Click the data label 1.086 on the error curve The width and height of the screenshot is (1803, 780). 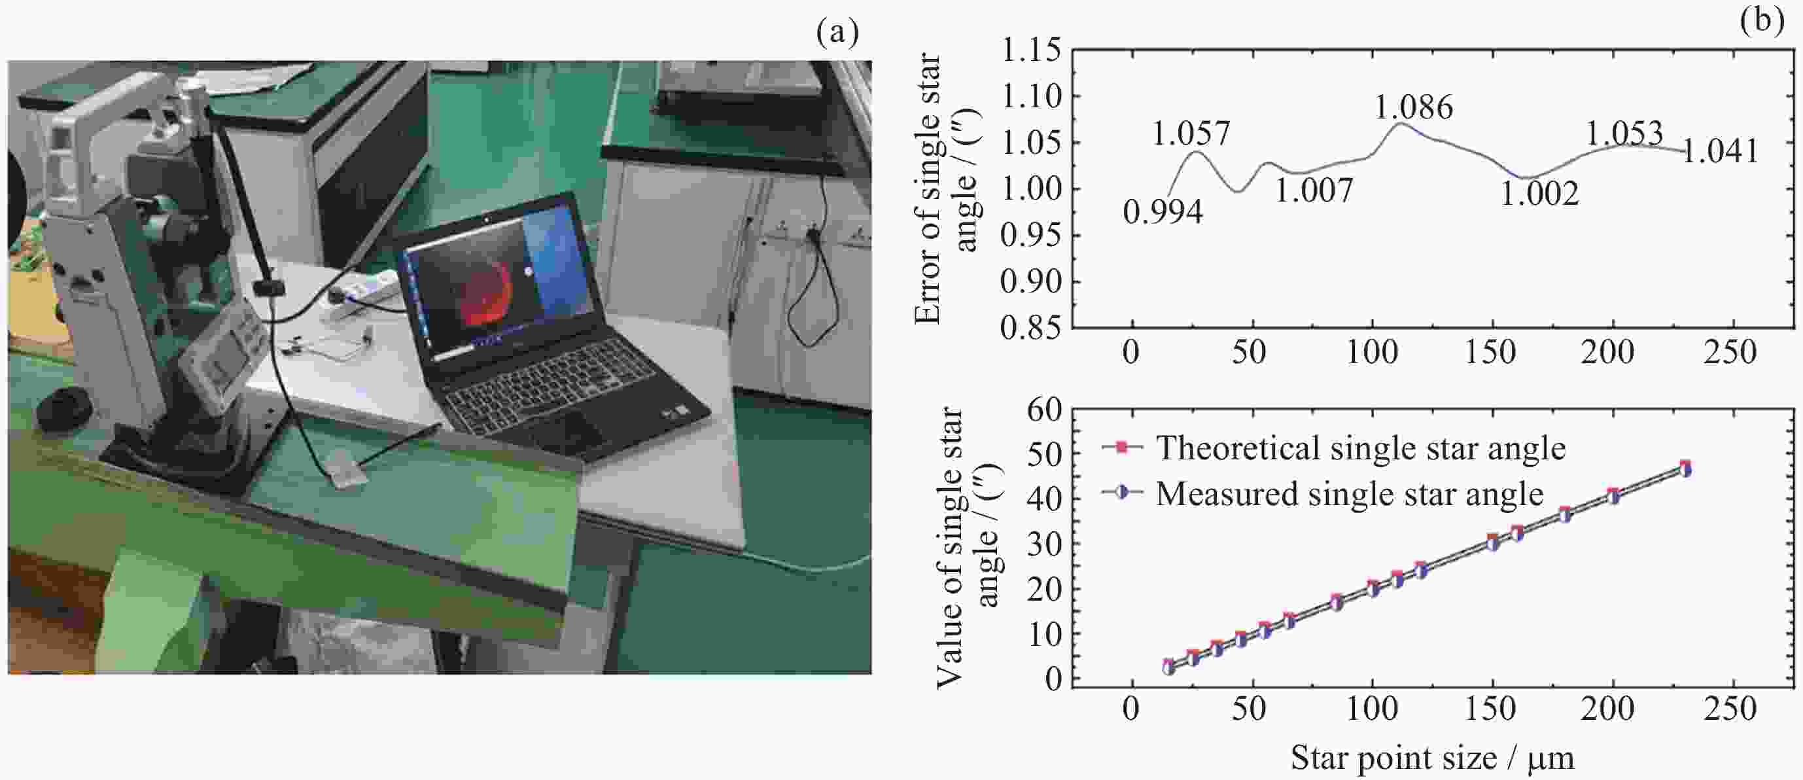tap(1413, 108)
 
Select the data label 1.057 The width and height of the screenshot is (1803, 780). tap(1191, 133)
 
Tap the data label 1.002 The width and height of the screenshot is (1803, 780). tap(1539, 194)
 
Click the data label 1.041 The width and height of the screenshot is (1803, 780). tap(1720, 152)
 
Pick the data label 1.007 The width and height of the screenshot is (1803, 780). tap(1314, 190)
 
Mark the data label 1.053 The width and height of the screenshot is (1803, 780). tap(1623, 133)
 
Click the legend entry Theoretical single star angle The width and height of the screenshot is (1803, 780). tap(1360, 448)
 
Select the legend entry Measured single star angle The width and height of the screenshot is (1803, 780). tap(1349, 494)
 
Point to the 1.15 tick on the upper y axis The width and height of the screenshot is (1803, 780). tap(1030, 50)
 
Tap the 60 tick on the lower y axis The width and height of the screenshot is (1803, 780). tap(1043, 410)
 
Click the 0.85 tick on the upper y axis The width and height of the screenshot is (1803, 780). tap(1030, 328)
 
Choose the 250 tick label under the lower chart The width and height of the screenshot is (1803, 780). tap(1730, 709)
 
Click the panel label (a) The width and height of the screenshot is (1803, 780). tap(837, 31)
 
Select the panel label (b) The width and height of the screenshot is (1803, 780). tap(1762, 20)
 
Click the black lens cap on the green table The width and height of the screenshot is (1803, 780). tap(63, 412)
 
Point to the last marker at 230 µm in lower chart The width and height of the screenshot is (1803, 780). tap(1685, 469)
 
